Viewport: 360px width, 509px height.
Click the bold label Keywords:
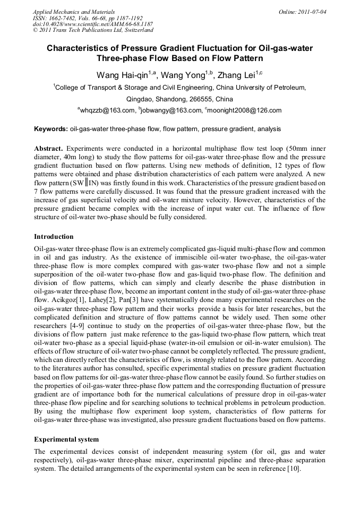[51, 129]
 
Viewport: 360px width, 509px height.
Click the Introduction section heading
[54, 236]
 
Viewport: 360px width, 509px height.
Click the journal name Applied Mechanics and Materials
[74, 11]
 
